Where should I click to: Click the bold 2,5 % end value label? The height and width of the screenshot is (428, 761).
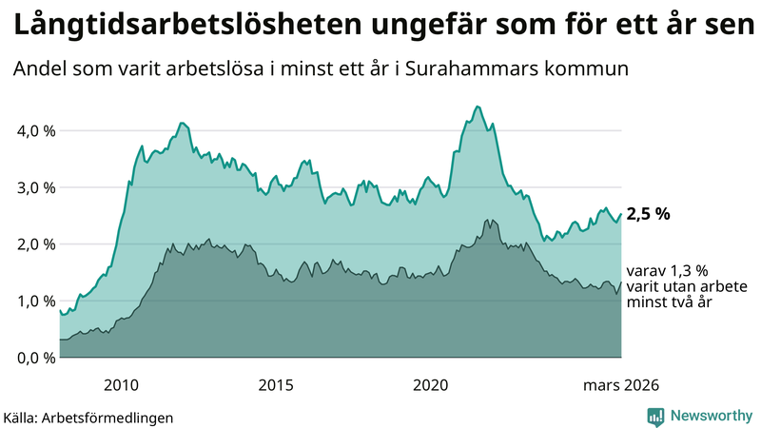pos(648,214)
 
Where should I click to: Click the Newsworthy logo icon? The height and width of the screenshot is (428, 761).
pos(655,416)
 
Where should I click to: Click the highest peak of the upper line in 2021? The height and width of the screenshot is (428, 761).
pos(477,107)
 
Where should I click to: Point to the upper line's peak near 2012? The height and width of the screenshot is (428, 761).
pos(182,123)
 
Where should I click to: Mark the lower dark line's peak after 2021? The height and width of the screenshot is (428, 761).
pos(488,220)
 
